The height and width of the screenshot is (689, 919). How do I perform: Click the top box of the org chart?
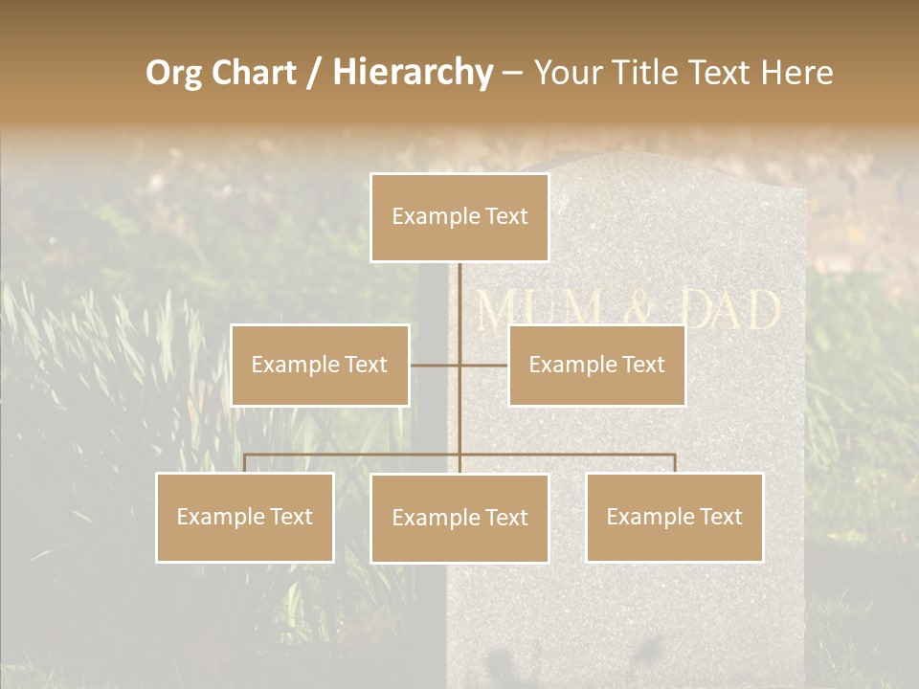[x=459, y=217]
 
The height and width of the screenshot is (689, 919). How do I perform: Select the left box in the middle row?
[x=320, y=365]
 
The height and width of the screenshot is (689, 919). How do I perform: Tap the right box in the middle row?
[x=596, y=365]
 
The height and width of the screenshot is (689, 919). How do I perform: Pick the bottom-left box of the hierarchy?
[x=245, y=517]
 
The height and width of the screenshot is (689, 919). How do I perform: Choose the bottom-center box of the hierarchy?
[x=459, y=518]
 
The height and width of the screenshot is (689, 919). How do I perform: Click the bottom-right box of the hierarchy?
[x=674, y=517]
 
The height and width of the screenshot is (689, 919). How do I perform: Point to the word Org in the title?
[x=173, y=73]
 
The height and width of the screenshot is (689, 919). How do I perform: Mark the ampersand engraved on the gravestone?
[x=639, y=311]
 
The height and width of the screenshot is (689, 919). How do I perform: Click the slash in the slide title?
[x=314, y=74]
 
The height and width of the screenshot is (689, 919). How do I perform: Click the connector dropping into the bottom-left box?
[x=245, y=463]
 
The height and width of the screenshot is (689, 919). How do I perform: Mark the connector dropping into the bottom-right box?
[x=674, y=463]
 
